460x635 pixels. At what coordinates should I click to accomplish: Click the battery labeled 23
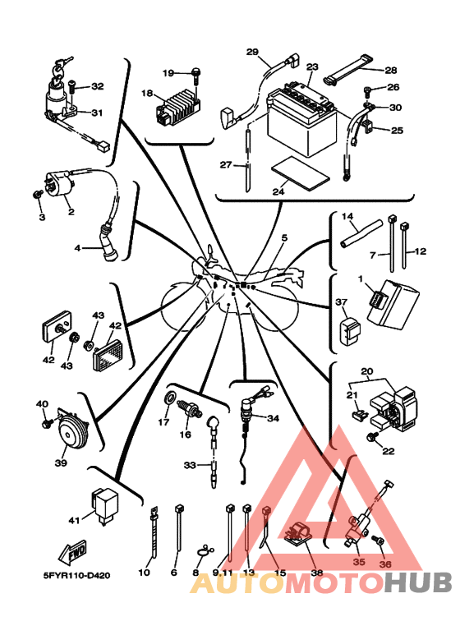[x=301, y=119]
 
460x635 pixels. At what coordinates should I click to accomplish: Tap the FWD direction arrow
[x=72, y=552]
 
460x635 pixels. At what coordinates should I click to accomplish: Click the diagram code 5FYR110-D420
[x=76, y=575]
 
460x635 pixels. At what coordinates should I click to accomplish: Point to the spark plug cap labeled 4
[x=108, y=242]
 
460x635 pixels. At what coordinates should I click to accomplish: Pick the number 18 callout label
[x=146, y=94]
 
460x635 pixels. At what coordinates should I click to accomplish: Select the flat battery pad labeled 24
[x=300, y=173]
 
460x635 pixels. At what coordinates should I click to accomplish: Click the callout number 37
[x=342, y=302]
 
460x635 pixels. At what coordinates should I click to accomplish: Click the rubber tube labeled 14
[x=361, y=233]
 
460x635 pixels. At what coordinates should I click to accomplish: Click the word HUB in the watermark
[x=417, y=582]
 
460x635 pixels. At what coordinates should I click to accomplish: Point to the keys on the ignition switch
[x=62, y=66]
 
